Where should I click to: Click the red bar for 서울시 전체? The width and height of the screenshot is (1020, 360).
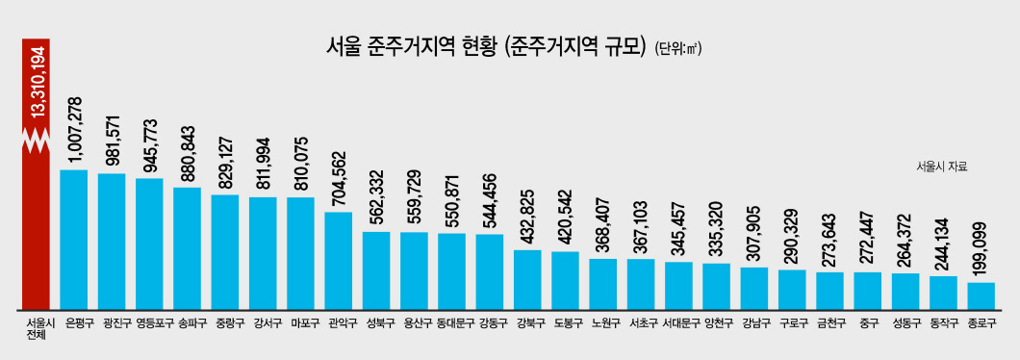36,174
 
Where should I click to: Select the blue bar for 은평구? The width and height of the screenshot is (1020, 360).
73,240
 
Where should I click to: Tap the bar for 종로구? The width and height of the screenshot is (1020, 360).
981,296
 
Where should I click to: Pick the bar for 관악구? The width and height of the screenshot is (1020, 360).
339,261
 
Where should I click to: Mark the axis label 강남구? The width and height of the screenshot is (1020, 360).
754,321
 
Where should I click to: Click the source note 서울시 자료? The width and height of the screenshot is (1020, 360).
942,167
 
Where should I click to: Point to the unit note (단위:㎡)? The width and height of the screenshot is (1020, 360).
679,49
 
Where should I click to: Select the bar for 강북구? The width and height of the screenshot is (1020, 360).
527,280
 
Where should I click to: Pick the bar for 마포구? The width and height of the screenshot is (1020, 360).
300,253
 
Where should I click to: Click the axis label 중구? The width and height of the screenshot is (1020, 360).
868,321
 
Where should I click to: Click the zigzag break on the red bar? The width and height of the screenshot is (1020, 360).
36,139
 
